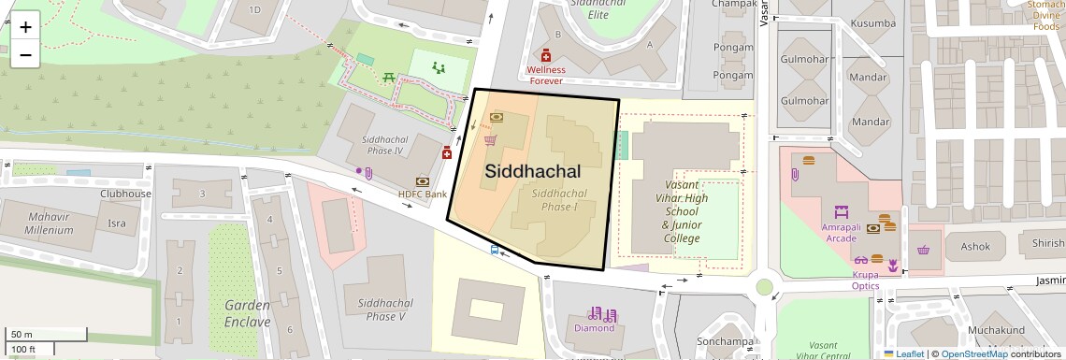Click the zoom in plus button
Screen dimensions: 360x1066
pyautogui.click(x=25, y=27)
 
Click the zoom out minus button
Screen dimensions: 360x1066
pyautogui.click(x=25, y=55)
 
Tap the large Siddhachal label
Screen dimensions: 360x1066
pyautogui.click(x=532, y=171)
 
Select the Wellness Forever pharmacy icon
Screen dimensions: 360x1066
pyautogui.click(x=546, y=56)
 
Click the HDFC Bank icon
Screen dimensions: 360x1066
pyautogui.click(x=423, y=180)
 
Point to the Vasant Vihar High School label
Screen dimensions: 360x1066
pyautogui.click(x=681, y=211)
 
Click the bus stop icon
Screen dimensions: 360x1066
pyautogui.click(x=494, y=250)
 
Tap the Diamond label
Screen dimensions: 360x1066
pyautogui.click(x=594, y=327)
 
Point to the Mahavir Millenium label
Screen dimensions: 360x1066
pyautogui.click(x=50, y=223)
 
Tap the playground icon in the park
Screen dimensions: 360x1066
pyautogui.click(x=439, y=66)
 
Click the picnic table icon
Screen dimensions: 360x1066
pyautogui.click(x=387, y=76)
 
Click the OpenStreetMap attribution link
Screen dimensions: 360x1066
pyautogui.click(x=973, y=353)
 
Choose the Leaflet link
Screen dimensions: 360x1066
pyautogui.click(x=903, y=353)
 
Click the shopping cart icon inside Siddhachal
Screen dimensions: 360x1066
pyautogui.click(x=490, y=140)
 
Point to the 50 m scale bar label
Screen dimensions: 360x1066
pyautogui.click(x=22, y=334)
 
